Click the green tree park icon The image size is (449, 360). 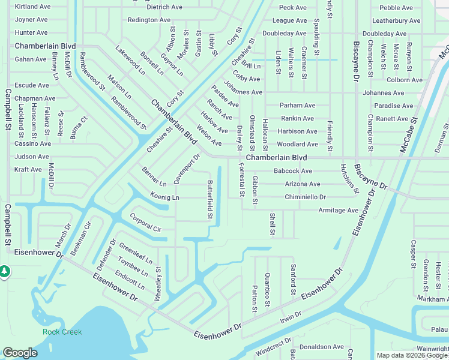[4, 272]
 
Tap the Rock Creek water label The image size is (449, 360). [62, 332]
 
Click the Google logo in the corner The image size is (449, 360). [20, 353]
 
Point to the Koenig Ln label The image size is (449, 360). [165, 197]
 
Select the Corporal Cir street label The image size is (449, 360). [146, 222]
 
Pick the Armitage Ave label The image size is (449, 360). [338, 211]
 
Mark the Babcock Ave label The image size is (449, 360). [293, 171]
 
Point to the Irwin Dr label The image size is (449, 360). [291, 319]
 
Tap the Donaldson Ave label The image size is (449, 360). [322, 347]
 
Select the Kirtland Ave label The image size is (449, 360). [32, 7]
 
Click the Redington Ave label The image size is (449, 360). [149, 20]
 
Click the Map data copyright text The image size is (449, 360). [412, 355]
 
